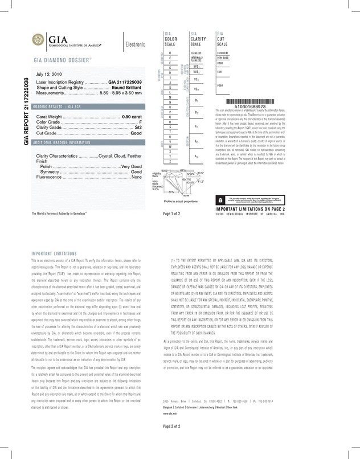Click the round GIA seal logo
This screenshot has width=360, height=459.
[x=40, y=39]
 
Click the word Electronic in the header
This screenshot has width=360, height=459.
[x=136, y=44]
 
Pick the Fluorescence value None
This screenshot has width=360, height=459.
[x=137, y=177]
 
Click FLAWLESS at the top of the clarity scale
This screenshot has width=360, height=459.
[x=196, y=53]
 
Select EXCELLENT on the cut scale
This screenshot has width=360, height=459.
[x=223, y=53]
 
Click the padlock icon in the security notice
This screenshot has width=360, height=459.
[x=221, y=200]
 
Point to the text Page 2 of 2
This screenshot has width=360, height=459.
[x=171, y=442]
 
